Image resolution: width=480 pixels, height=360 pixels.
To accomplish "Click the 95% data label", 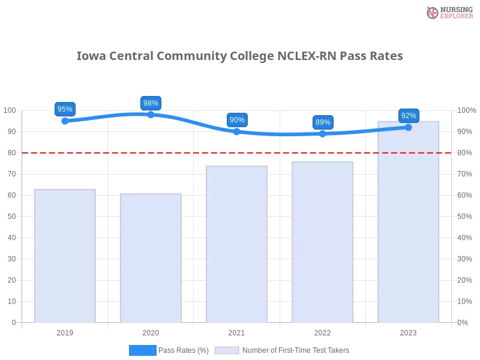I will click(x=64, y=109).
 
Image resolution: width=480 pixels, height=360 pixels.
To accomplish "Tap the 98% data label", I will click(x=151, y=103).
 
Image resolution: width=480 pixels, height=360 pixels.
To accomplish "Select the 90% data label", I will click(x=237, y=120).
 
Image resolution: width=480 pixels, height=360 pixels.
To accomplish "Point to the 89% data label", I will click(x=323, y=122).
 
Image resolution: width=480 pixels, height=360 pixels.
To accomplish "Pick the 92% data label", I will click(x=409, y=116).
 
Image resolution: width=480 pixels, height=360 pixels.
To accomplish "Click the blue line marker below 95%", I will click(x=64, y=121).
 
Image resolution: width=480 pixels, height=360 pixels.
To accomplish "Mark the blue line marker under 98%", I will click(x=151, y=114).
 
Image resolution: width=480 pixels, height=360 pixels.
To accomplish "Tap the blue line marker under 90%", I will click(x=237, y=131).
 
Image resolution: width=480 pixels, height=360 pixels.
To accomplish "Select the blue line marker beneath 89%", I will click(x=323, y=134).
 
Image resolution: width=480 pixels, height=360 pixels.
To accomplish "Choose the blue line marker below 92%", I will click(x=409, y=127).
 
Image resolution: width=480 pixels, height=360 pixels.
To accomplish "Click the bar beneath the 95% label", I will click(x=65, y=256).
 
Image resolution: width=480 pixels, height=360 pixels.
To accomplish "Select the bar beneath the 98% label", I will click(x=151, y=259).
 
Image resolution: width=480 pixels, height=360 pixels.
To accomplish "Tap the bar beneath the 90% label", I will click(x=237, y=244).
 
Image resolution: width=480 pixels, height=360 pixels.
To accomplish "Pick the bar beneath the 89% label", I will click(x=323, y=242).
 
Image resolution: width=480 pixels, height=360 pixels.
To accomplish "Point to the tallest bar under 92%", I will click(x=409, y=222).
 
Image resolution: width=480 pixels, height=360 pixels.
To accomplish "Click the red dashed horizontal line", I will click(x=180, y=152).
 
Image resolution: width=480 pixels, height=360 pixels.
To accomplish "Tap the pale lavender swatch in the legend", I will click(x=227, y=350).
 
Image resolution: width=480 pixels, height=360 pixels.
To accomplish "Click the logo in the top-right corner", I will click(x=448, y=13).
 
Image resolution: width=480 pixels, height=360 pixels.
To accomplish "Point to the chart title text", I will click(x=240, y=56).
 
